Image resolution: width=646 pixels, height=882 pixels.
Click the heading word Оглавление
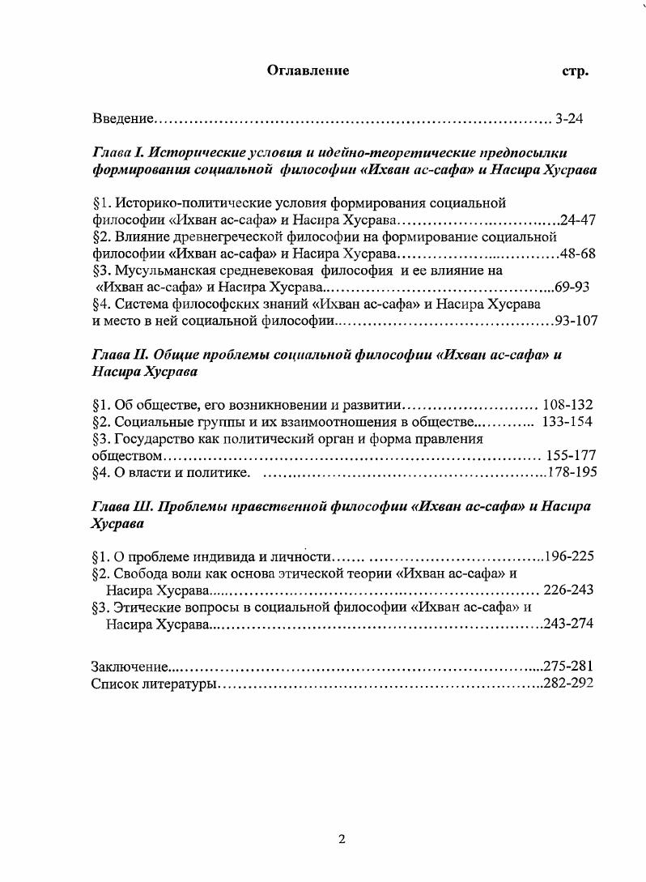tap(308, 70)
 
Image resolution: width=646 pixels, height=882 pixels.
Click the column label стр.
tap(575, 70)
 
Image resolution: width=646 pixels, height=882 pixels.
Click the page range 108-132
tap(567, 405)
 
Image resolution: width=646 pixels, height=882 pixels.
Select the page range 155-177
tap(571, 456)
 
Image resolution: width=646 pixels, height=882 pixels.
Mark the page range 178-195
tap(572, 473)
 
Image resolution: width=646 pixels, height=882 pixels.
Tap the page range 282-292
tap(570, 684)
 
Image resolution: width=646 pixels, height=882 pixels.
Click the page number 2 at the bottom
tap(341, 839)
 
